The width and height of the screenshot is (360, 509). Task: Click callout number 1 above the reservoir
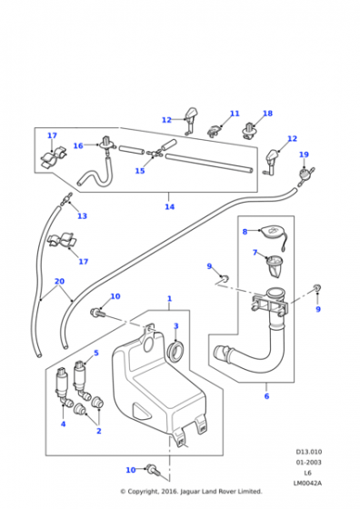tap(169, 298)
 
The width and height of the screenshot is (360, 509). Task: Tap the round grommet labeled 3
tap(175, 350)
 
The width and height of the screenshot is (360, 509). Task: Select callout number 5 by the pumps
tap(96, 353)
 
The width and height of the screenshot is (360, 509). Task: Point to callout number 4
tap(64, 424)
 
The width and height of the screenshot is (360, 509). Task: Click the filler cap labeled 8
tap(274, 232)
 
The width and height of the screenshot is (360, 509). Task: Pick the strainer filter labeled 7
tap(275, 265)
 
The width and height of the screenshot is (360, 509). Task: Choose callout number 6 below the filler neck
tap(266, 395)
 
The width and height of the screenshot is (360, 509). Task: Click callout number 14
tap(169, 206)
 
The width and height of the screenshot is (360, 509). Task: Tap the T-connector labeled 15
tap(154, 153)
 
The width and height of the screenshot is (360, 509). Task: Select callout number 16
tap(78, 145)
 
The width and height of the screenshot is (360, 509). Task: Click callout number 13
tap(82, 216)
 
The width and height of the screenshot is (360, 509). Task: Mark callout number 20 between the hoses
tap(59, 281)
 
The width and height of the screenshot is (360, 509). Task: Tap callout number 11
tap(235, 114)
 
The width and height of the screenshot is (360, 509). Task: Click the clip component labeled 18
tap(250, 131)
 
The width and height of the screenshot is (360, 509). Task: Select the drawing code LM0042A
tap(307, 483)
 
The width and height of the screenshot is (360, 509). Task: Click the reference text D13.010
tap(309, 452)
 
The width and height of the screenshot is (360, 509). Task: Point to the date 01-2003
tap(308, 462)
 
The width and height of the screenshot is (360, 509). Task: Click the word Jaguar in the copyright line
tap(190, 492)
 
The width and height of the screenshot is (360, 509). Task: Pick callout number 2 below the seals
tap(99, 431)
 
